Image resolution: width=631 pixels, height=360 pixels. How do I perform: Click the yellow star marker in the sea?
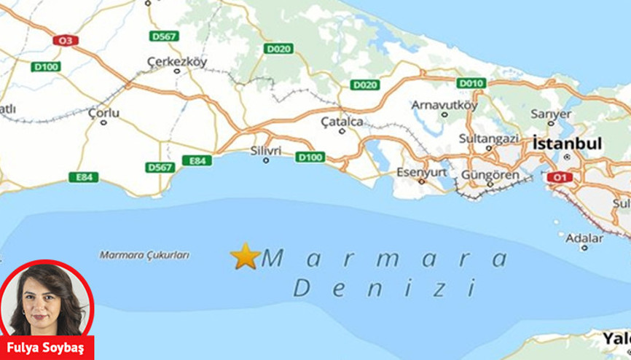[245, 256]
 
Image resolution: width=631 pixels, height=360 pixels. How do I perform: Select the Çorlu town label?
[103, 113]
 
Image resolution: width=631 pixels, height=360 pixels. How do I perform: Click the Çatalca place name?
[342, 122]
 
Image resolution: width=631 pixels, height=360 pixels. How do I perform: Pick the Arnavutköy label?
[444, 104]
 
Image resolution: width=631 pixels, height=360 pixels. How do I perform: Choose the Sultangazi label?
[489, 138]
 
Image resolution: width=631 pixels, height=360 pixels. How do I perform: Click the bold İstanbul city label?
[568, 144]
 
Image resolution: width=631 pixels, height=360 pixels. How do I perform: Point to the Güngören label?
[490, 175]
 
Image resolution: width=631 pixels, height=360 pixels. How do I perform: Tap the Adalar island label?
[584, 238]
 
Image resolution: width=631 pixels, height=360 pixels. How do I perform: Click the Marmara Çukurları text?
[144, 255]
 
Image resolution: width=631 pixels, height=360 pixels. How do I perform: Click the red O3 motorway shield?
[63, 41]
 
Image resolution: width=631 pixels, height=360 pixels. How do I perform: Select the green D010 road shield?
[471, 83]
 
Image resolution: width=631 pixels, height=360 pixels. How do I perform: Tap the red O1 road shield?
[559, 177]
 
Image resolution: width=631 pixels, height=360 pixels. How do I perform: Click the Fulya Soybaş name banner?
[47, 348]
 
